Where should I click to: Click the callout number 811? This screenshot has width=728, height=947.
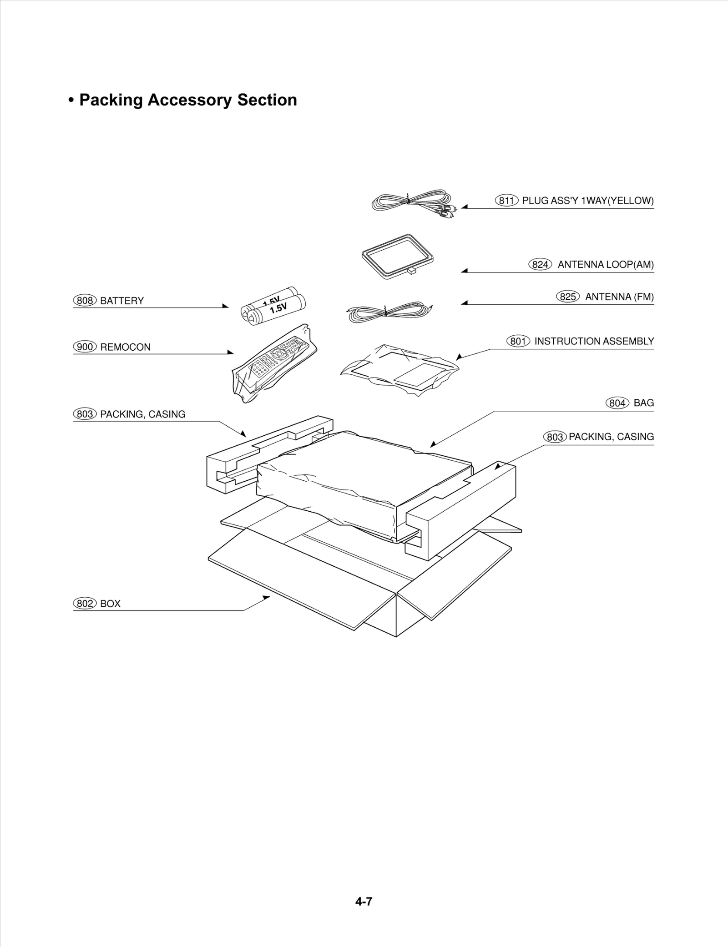tap(506, 201)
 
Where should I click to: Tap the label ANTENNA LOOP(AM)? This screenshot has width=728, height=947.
tap(606, 265)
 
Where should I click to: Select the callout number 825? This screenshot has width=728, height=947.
tap(567, 297)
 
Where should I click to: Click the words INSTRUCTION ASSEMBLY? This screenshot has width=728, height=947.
tap(594, 341)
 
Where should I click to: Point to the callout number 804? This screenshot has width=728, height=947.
tap(617, 403)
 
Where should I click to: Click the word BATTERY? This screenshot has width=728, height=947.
tap(121, 301)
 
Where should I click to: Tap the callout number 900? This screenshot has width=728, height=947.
tap(85, 347)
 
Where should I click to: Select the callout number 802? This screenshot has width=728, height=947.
tap(85, 604)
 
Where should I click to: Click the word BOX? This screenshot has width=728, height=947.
tap(110, 604)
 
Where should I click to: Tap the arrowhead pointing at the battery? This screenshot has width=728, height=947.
tap(225, 306)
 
